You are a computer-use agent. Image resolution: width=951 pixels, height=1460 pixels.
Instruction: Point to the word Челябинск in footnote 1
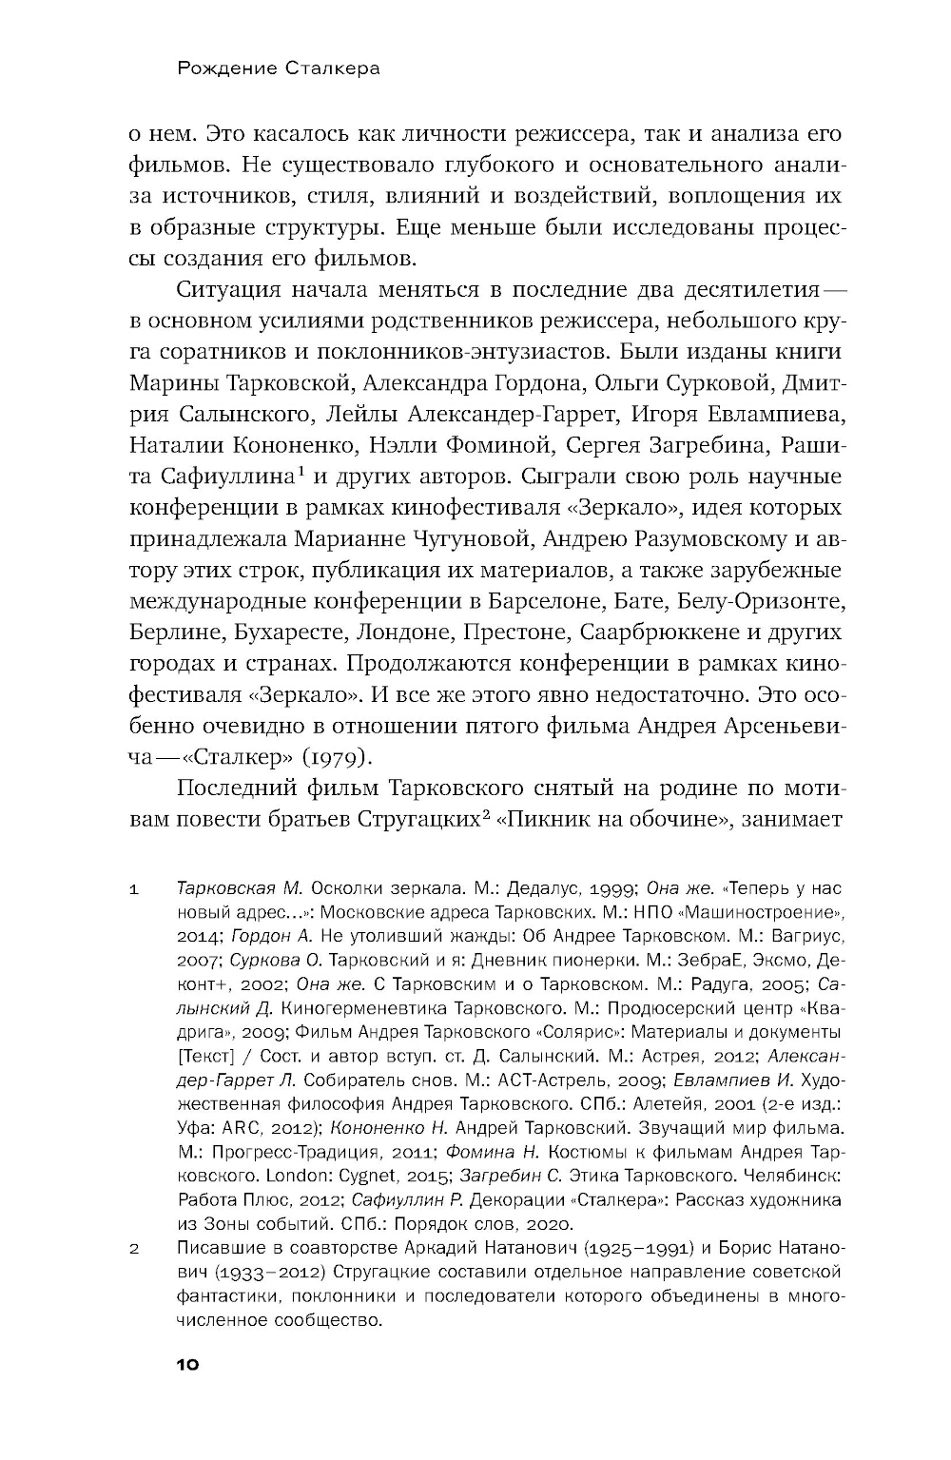coord(786,1176)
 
